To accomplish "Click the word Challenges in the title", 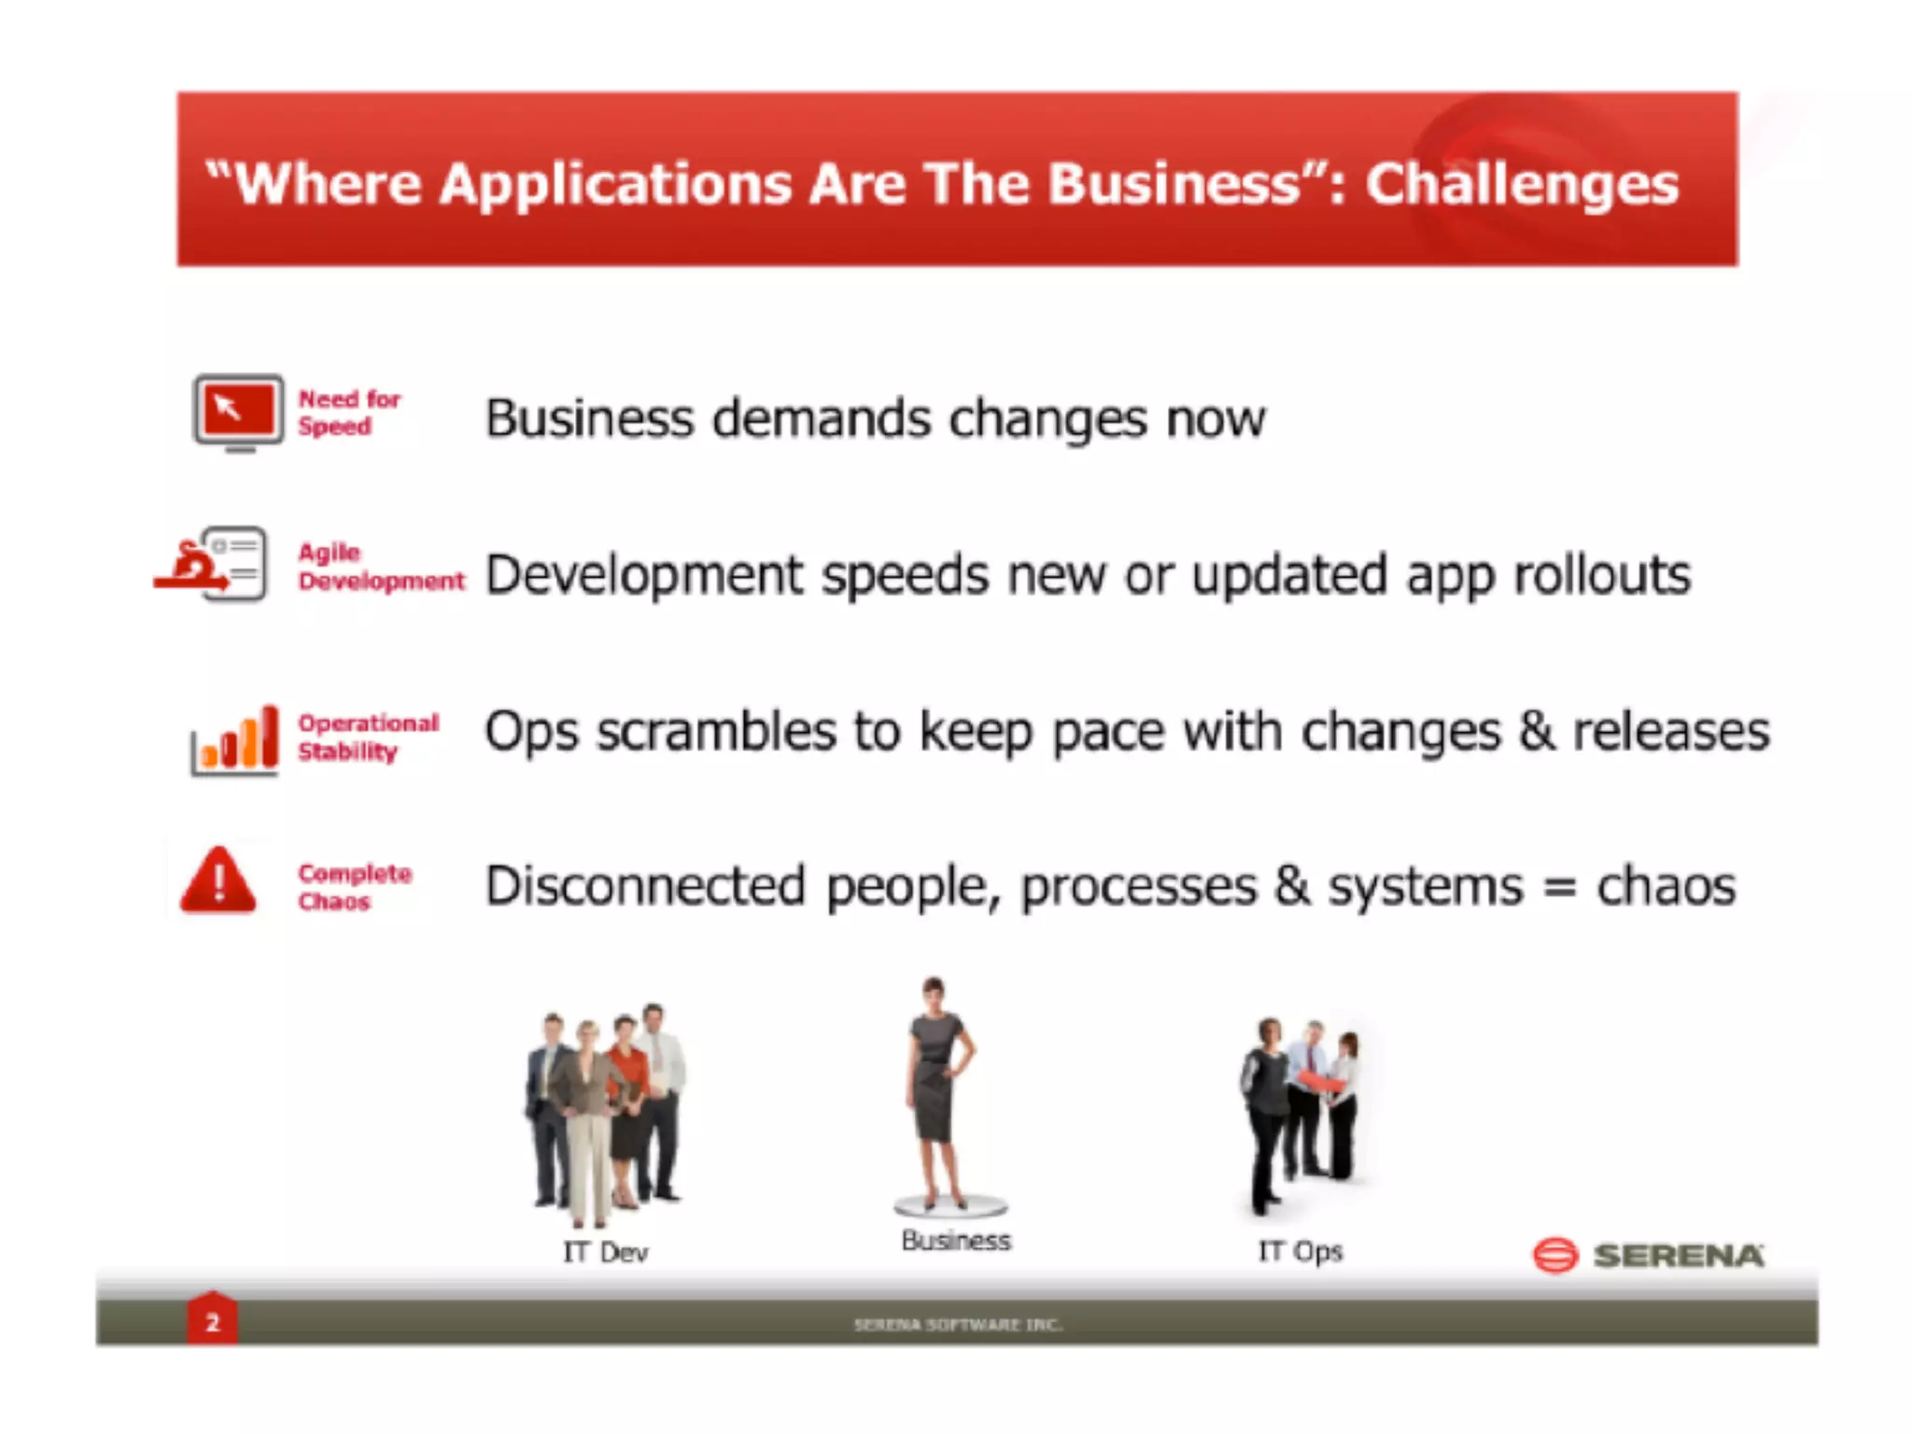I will (x=1522, y=184).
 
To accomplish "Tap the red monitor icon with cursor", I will (x=238, y=411).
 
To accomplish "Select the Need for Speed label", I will (x=348, y=413).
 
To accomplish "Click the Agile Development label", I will (x=380, y=567).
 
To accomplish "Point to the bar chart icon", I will (x=235, y=739).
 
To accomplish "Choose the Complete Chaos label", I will (x=354, y=887).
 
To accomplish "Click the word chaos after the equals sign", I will (x=1666, y=886).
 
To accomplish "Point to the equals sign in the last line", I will (x=1559, y=888).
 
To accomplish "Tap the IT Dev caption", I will (x=605, y=1252).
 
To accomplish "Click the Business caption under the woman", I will (x=955, y=1241).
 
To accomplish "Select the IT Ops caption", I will (x=1300, y=1251).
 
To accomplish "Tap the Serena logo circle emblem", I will (x=1554, y=1255).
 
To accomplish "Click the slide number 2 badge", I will (x=212, y=1322).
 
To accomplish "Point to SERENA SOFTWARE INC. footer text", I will (x=957, y=1324).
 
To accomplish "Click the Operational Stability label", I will (x=367, y=737).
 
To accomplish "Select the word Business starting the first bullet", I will (x=589, y=418).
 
